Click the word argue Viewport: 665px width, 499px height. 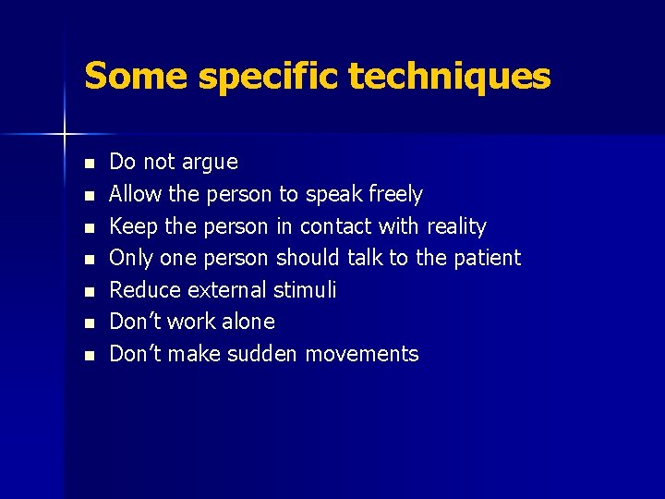(x=209, y=164)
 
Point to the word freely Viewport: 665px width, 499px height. (x=395, y=195)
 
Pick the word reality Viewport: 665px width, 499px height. (x=456, y=227)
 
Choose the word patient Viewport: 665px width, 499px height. (x=487, y=258)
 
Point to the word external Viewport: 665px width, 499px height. (x=228, y=290)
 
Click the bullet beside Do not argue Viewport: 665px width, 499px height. (x=89, y=164)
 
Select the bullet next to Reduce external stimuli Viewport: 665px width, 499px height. (x=89, y=291)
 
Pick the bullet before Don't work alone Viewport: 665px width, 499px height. (x=89, y=323)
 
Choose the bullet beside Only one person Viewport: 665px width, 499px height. (x=89, y=259)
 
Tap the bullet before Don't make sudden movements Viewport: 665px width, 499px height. (x=89, y=355)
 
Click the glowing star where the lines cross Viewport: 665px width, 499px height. (x=65, y=135)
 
